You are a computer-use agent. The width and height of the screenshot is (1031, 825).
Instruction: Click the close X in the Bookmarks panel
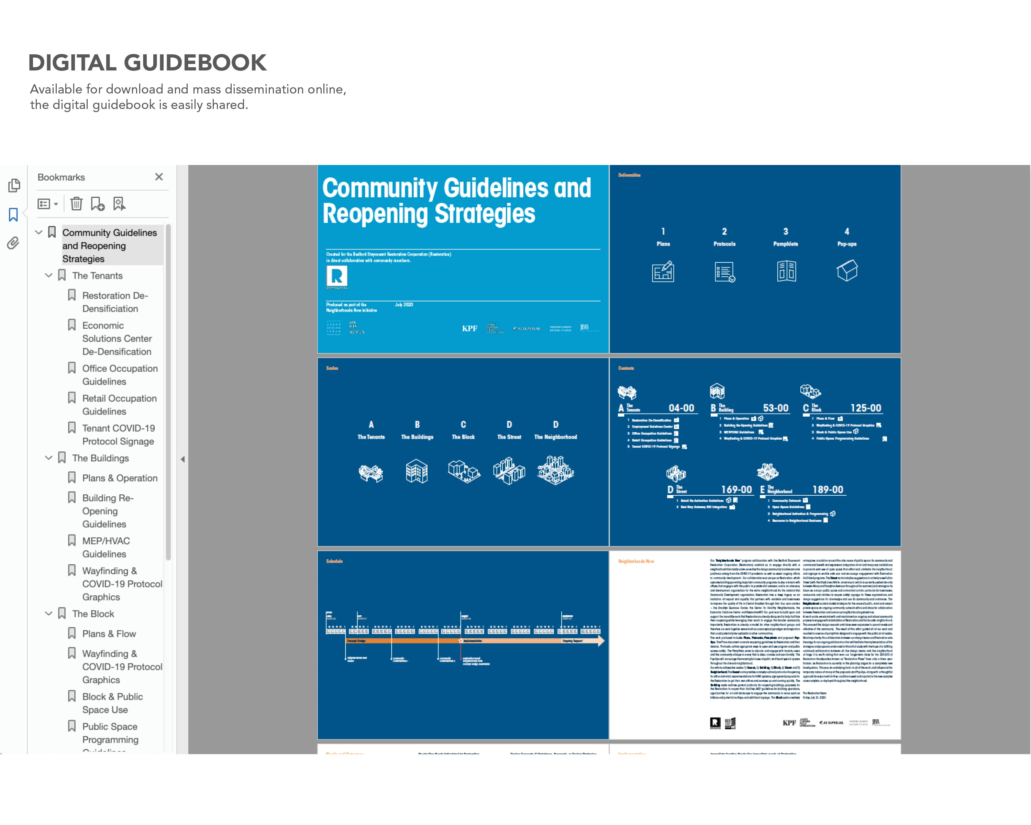[x=159, y=177]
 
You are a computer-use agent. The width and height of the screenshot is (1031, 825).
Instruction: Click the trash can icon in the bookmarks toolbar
[x=76, y=204]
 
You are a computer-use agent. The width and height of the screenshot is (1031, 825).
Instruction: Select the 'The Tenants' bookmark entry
[x=97, y=275]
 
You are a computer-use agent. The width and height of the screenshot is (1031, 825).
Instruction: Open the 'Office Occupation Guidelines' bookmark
[x=120, y=375]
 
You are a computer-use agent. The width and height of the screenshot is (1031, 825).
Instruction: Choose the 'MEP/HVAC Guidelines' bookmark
[x=106, y=547]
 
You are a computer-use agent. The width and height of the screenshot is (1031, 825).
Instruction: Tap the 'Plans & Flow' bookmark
[x=109, y=634]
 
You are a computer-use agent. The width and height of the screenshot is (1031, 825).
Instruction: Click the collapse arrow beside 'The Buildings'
[x=48, y=458]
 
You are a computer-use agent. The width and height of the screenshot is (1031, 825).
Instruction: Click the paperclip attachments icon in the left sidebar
[x=13, y=243]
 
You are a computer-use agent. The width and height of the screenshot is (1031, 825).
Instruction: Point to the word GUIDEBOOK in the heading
[x=195, y=63]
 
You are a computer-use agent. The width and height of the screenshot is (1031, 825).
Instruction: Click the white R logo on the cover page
[x=337, y=276]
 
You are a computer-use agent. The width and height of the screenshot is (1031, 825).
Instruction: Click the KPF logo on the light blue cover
[x=469, y=329]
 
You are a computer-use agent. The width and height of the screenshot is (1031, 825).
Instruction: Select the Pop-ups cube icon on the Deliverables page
[x=847, y=271]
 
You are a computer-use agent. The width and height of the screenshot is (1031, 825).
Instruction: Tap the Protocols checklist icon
[x=724, y=272]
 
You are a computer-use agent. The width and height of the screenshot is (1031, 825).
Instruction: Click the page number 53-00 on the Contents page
[x=775, y=408]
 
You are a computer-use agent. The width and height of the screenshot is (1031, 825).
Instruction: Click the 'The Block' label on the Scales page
[x=463, y=437]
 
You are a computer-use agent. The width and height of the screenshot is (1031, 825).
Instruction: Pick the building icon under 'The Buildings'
[x=417, y=472]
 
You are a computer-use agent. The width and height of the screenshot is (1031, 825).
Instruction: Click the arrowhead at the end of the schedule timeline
[x=601, y=641]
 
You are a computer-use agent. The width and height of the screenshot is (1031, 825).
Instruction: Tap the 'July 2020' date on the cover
[x=404, y=305]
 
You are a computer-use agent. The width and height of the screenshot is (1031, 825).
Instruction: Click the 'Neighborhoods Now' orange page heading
[x=635, y=561]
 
